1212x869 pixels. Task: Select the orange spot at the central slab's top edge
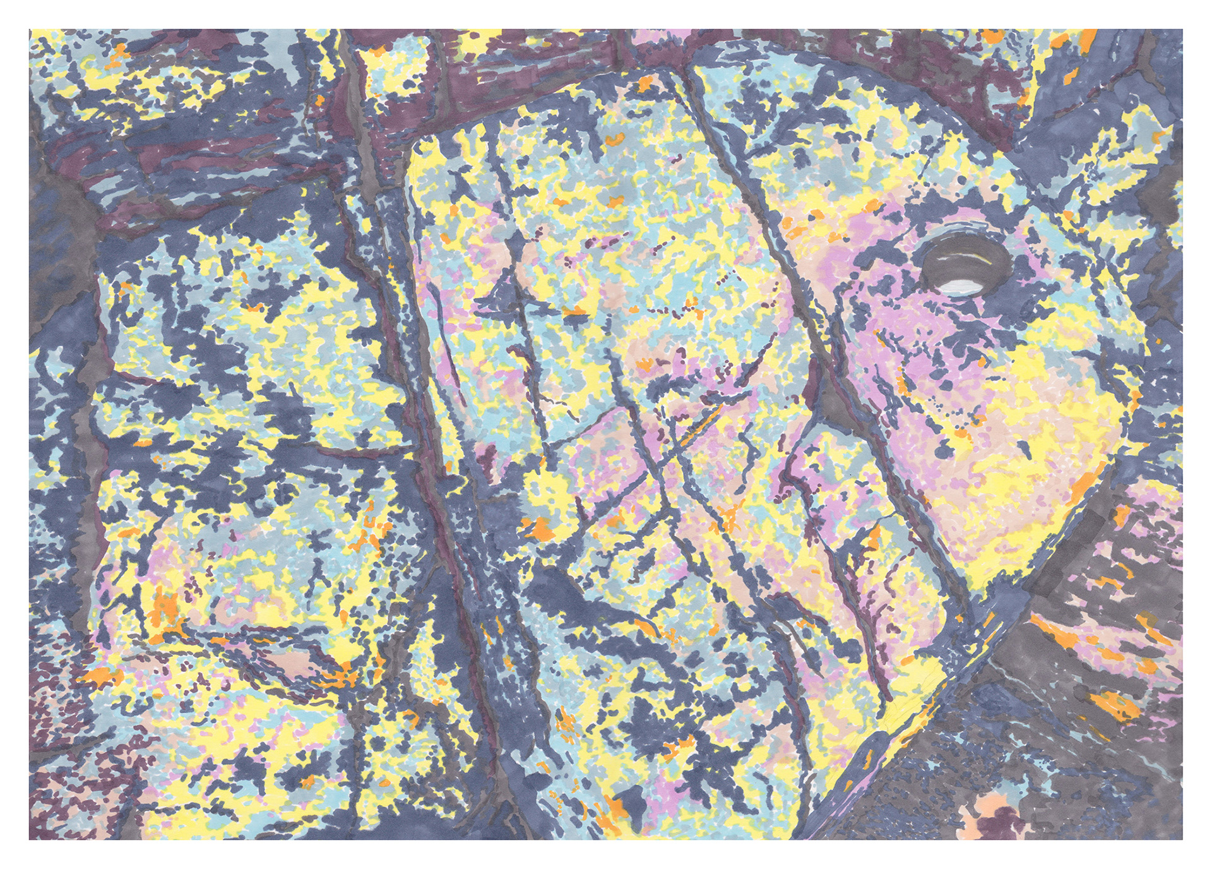point(645,82)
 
